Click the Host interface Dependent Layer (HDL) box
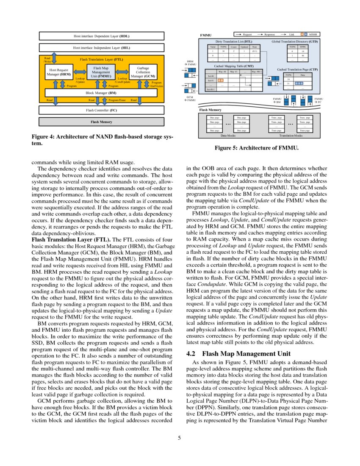point(101,36)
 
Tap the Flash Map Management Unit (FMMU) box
point(101,72)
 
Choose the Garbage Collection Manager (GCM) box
point(142,72)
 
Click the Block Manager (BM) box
point(101,92)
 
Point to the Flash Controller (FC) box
point(101,110)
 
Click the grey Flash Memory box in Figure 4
point(101,122)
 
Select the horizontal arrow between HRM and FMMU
point(80,72)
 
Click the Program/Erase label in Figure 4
point(116,100)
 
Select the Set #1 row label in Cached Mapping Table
point(210,80)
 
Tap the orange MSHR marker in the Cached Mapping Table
point(220,80)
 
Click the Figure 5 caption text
point(257,148)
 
